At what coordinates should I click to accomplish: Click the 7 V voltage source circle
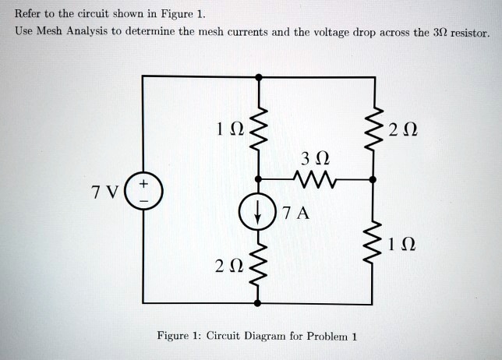click(x=143, y=191)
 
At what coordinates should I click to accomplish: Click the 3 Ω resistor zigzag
click(x=315, y=180)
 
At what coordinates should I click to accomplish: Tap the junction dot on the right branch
click(x=372, y=180)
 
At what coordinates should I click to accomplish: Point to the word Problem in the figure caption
click(x=329, y=337)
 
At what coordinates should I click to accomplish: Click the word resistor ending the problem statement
click(x=467, y=34)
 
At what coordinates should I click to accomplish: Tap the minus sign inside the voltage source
click(x=143, y=199)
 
